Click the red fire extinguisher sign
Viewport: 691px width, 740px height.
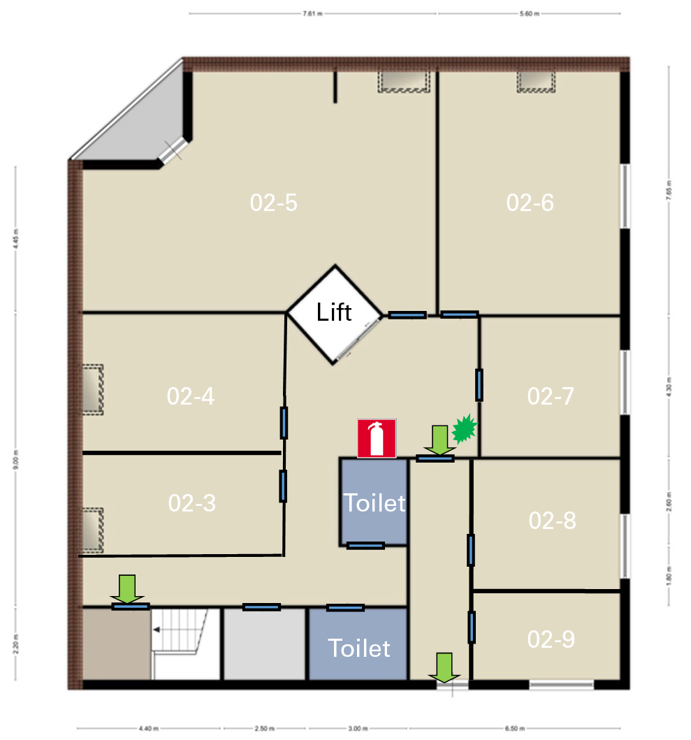tap(377, 439)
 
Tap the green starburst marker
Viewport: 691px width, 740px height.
tap(463, 429)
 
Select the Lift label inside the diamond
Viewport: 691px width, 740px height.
tap(334, 312)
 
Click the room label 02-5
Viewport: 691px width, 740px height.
tap(274, 203)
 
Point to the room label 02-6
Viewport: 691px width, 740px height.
tap(530, 203)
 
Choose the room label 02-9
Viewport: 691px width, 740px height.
tap(551, 639)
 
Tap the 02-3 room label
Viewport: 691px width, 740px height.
tap(192, 502)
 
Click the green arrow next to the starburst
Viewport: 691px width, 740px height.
tap(439, 440)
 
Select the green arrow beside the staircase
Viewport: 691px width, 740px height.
tap(126, 588)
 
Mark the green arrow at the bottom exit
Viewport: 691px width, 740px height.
tap(445, 667)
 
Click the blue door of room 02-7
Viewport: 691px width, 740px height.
tap(479, 385)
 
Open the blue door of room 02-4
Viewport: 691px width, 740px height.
tap(284, 422)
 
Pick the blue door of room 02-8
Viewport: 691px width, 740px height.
tap(471, 550)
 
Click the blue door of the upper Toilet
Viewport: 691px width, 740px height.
tap(365, 546)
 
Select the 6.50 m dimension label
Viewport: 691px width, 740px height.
tap(515, 729)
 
